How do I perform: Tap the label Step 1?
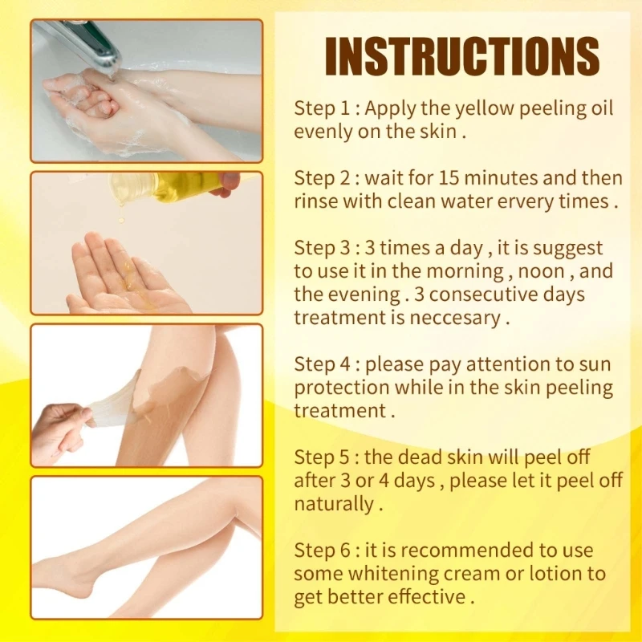(x=324, y=108)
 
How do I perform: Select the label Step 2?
(x=326, y=177)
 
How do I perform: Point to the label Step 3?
(x=326, y=248)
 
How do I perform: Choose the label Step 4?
(x=326, y=364)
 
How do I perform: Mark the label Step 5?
(x=326, y=457)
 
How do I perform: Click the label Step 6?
(x=326, y=551)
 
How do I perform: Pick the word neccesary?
(x=455, y=318)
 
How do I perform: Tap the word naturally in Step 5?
(x=333, y=504)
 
